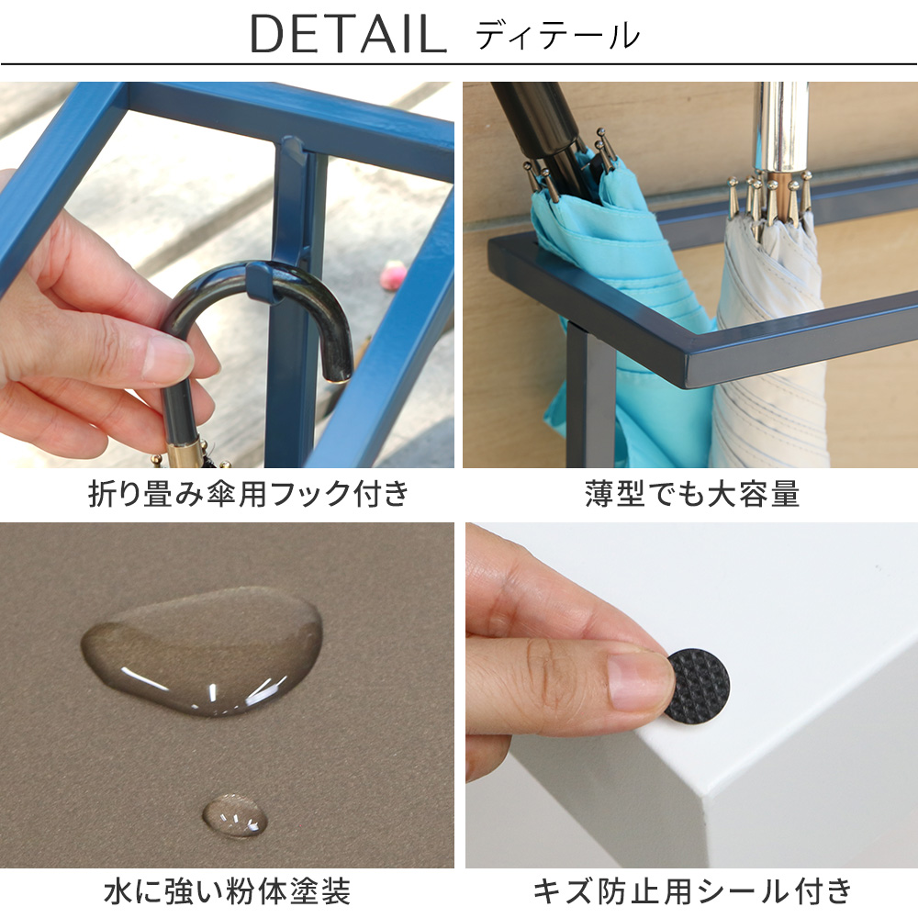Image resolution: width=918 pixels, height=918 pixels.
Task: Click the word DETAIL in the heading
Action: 349,34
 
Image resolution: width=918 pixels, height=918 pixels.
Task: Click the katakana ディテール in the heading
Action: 557,35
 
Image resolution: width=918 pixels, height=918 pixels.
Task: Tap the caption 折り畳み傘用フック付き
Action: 249,494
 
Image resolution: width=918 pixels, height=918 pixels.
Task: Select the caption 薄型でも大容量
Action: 692,494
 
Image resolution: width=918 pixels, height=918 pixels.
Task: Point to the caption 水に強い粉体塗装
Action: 227,891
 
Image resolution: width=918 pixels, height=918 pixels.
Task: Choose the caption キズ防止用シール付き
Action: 692,891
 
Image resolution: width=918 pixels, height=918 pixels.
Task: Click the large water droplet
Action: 202,651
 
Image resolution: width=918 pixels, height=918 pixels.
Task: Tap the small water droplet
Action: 235,815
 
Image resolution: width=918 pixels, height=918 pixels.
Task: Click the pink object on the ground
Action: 394,275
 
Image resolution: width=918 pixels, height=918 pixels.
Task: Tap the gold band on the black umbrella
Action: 180,453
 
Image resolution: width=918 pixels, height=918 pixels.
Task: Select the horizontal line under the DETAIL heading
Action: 459,63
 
